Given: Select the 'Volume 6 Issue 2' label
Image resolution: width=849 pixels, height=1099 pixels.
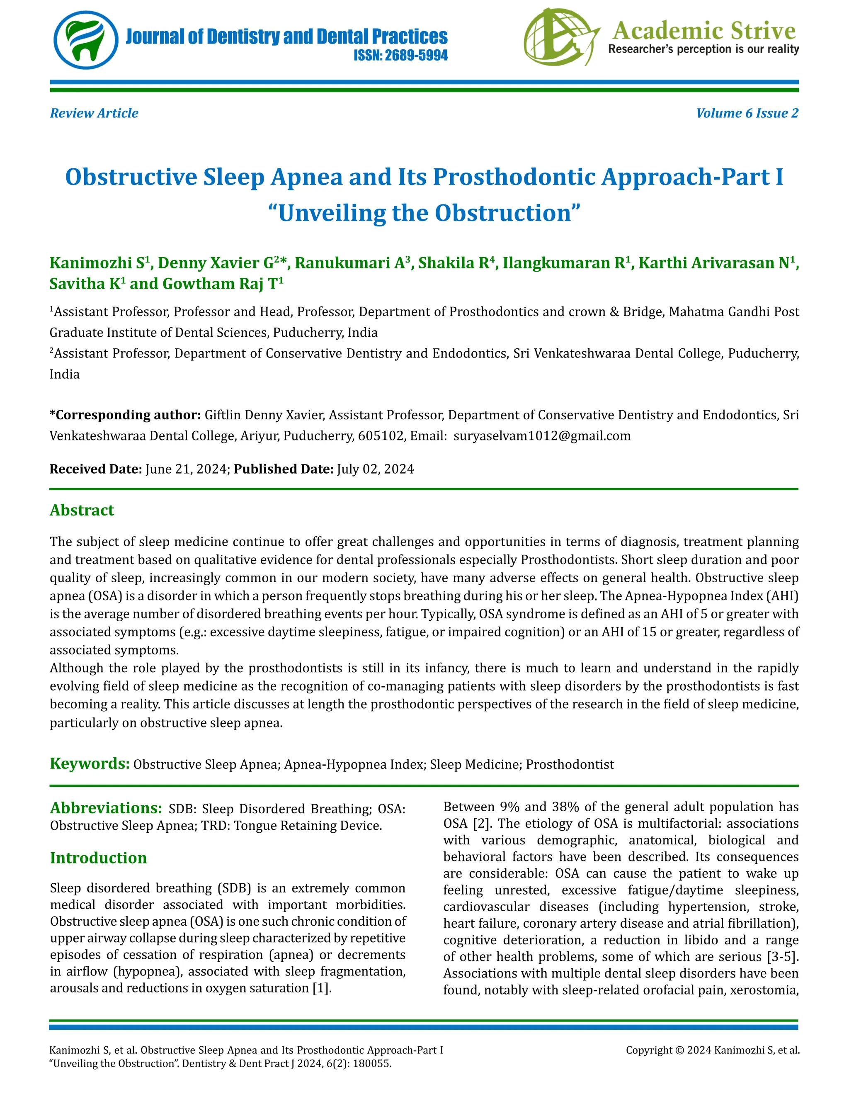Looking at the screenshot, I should point(747,113).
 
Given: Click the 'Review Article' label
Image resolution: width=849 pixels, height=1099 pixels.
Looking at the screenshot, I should point(94,113).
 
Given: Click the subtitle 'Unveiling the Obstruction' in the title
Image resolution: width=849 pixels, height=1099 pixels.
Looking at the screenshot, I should point(424,213).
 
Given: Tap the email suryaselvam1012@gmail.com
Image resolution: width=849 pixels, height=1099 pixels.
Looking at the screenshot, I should point(542,436).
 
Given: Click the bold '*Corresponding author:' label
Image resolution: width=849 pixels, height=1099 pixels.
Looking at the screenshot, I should point(125,415).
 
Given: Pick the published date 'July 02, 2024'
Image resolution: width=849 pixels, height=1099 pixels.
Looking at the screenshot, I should point(375,469).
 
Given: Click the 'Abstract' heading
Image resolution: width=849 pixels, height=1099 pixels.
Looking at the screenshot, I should point(82,510).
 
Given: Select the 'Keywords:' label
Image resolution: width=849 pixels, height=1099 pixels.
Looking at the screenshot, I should point(90,763).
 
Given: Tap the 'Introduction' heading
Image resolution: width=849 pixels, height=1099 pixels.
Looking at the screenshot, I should point(99,858).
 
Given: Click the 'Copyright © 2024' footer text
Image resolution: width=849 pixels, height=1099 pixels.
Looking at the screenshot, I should point(668,1050).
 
